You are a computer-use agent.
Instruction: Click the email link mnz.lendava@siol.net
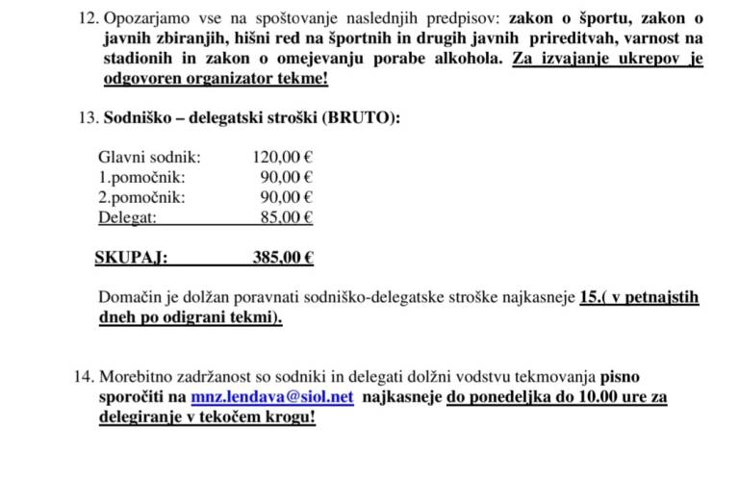[x=272, y=396]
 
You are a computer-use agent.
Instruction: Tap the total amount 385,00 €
[x=283, y=257]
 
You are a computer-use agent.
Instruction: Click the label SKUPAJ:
[x=131, y=257]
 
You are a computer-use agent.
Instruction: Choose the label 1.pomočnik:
[x=141, y=177]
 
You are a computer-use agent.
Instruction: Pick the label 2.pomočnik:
[x=141, y=197]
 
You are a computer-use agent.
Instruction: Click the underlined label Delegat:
[x=127, y=217]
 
